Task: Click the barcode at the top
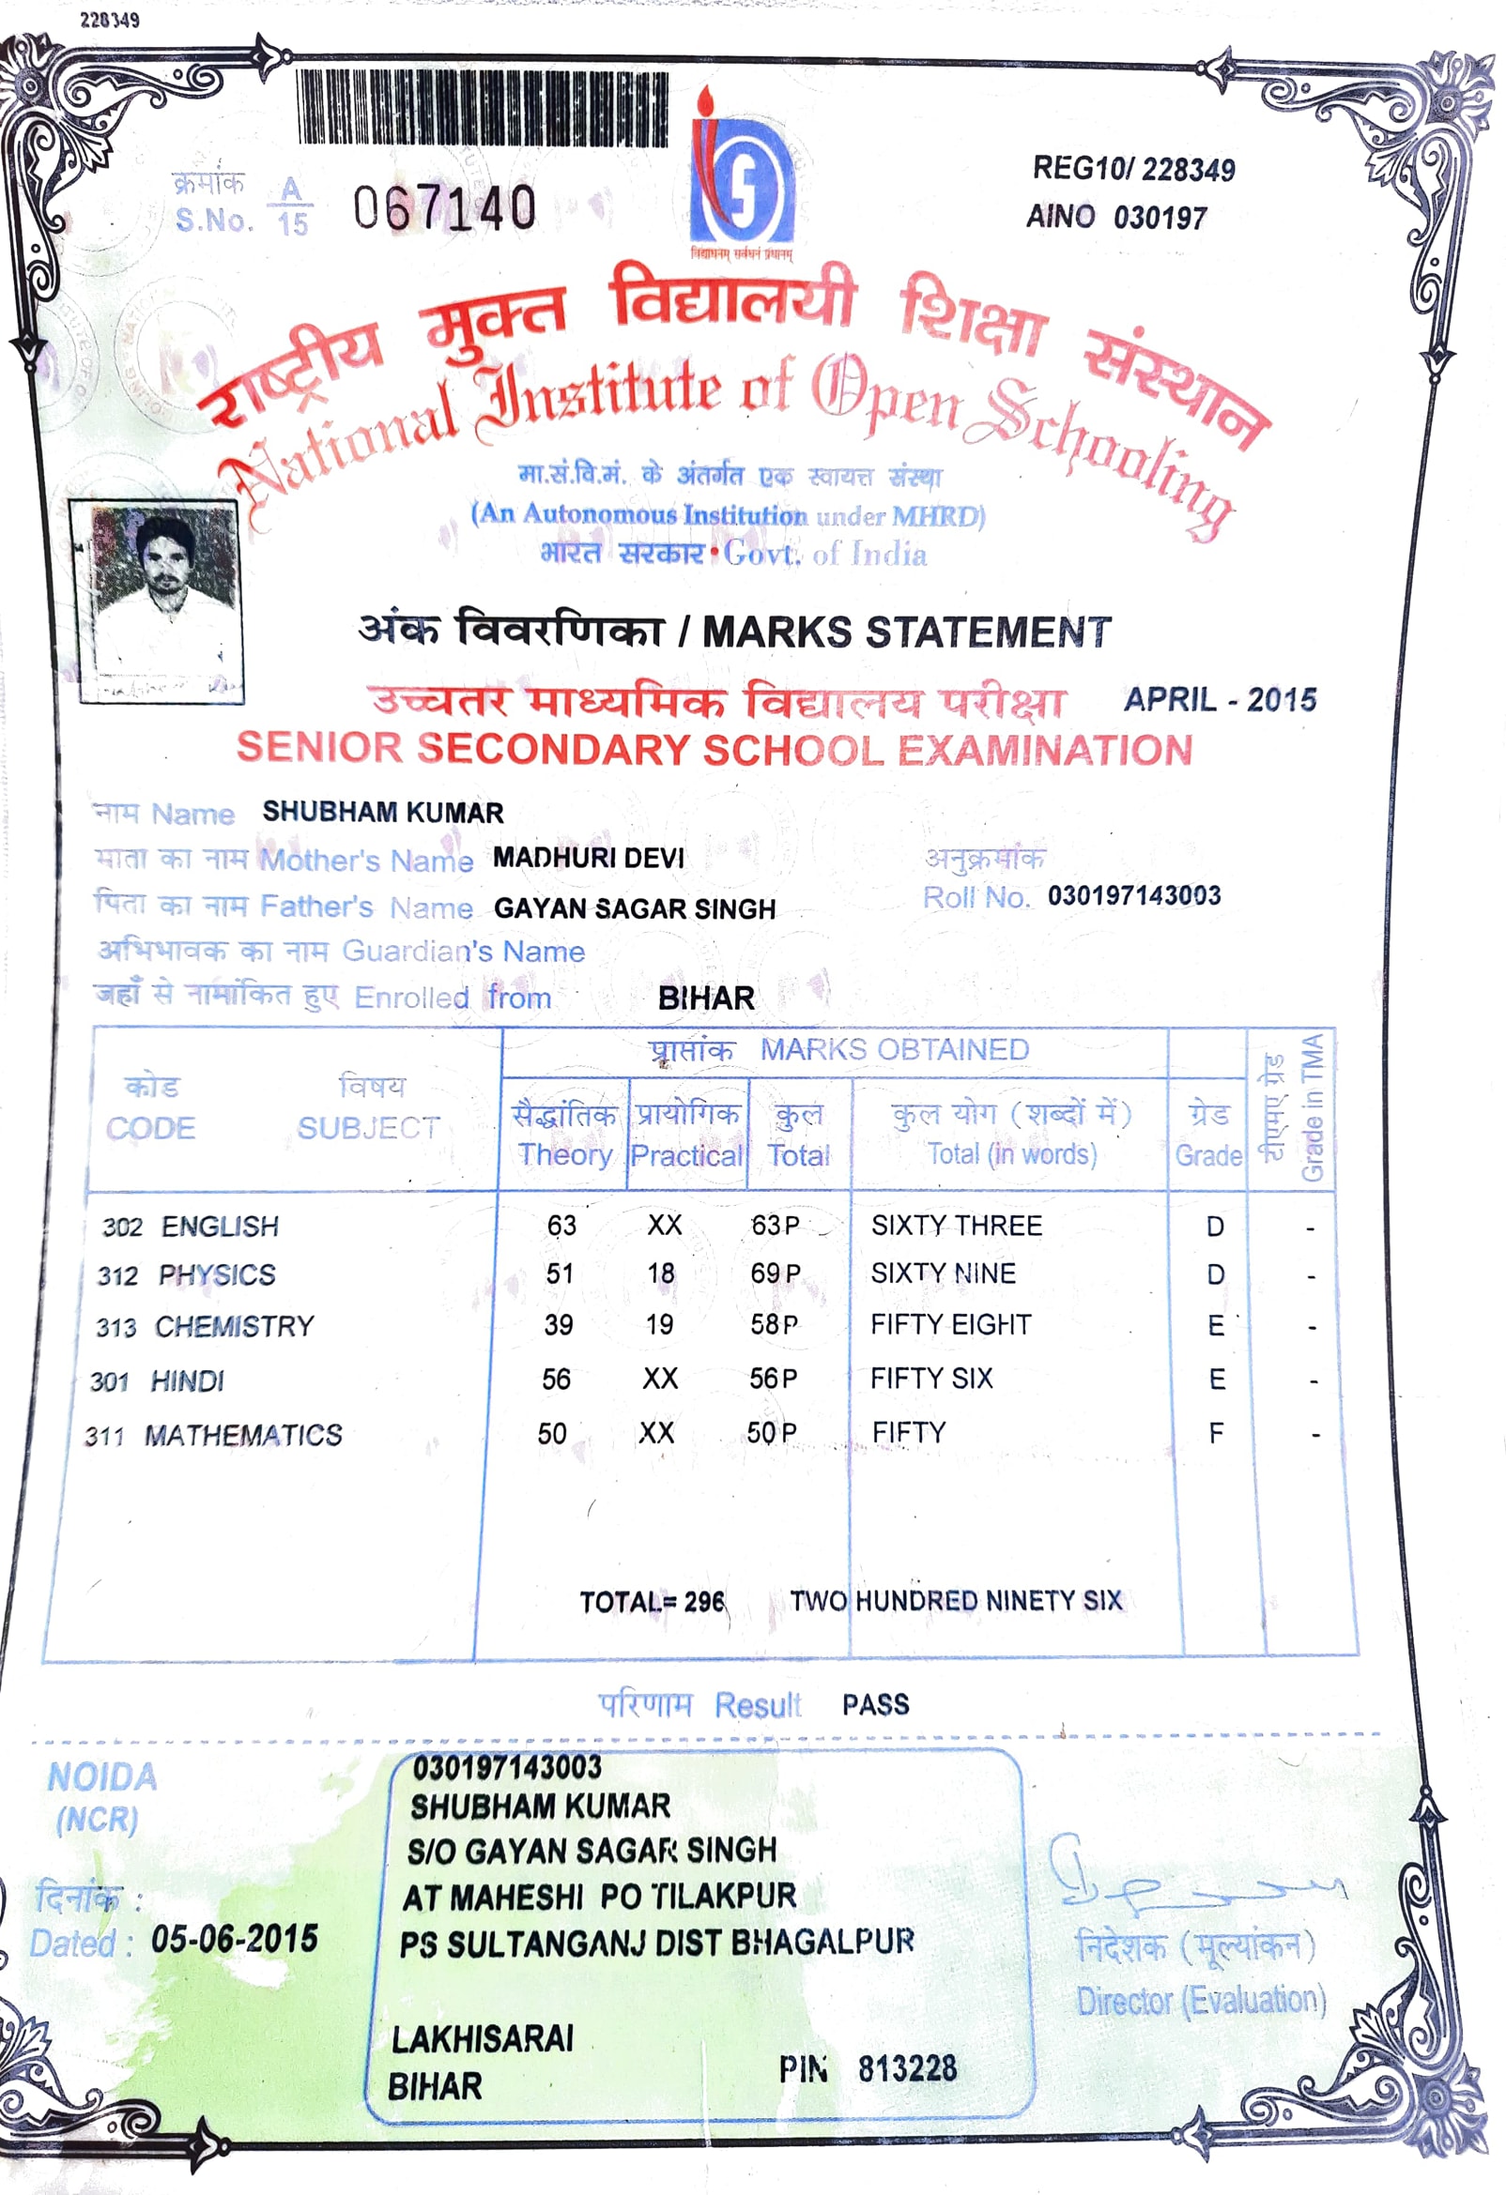click(482, 108)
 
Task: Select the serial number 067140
click(445, 207)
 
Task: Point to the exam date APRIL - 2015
click(1219, 700)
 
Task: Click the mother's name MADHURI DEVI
click(588, 858)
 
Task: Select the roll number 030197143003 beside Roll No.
click(1134, 895)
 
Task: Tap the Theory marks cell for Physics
click(560, 1273)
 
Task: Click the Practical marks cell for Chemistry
click(659, 1324)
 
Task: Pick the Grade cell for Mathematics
click(1216, 1433)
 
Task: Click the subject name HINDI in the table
click(187, 1380)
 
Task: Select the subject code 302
click(122, 1227)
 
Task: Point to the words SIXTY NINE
click(943, 1273)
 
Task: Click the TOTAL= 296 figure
click(652, 1602)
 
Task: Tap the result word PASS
click(875, 1705)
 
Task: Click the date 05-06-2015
click(235, 1939)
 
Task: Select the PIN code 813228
click(907, 2068)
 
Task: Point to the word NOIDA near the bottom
click(102, 1777)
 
